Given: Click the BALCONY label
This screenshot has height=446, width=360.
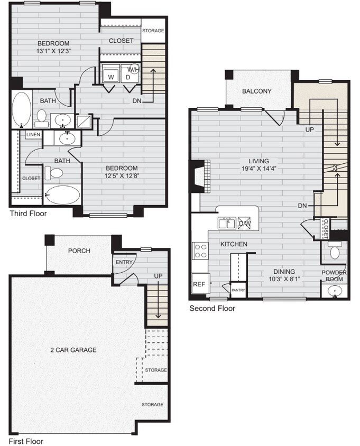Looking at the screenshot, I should click(256, 91).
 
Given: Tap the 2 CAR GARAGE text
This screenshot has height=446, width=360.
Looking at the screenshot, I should click(73, 350).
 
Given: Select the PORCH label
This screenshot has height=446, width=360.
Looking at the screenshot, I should click(79, 250).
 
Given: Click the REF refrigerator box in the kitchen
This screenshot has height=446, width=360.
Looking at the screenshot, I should click(199, 284).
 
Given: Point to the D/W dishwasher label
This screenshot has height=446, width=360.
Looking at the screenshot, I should click(245, 224).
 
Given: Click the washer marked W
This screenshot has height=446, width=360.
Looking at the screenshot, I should click(111, 77).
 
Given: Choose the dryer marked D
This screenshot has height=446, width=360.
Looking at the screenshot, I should click(127, 77).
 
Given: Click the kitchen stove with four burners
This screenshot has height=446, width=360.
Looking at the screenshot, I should click(200, 250).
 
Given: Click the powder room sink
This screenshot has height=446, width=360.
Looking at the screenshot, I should click(334, 291).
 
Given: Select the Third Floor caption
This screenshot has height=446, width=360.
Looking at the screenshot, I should click(28, 213).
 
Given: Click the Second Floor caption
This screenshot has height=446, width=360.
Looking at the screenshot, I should click(212, 308).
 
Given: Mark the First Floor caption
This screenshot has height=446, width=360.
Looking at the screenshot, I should click(25, 441).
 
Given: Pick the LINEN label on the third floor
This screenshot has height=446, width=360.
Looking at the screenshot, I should click(33, 135).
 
